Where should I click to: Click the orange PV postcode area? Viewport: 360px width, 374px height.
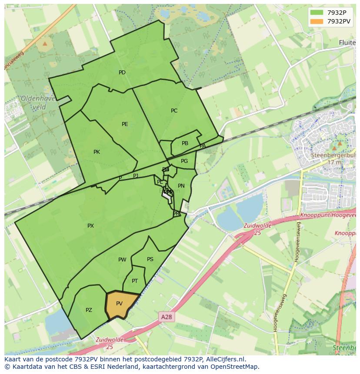point(120,304)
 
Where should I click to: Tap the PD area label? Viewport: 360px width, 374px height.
point(122,73)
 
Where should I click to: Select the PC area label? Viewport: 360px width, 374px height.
point(174,111)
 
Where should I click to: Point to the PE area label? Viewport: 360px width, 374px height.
point(125,124)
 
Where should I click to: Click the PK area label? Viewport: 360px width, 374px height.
point(97,152)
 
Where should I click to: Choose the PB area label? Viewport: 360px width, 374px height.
point(185,143)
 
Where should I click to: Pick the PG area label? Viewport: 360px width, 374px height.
point(184,161)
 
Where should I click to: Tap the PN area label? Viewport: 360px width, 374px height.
point(181,186)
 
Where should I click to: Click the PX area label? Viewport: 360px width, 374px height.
point(90,226)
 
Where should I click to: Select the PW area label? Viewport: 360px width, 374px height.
point(122,260)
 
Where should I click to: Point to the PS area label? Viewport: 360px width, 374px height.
point(150,259)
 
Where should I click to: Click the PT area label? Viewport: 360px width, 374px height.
point(135,281)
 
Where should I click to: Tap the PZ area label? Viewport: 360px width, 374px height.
point(89,310)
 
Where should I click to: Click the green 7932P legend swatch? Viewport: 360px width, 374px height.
point(317,13)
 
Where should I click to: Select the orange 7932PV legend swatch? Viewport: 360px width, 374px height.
point(317,21)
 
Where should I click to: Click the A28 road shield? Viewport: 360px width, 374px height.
point(167,317)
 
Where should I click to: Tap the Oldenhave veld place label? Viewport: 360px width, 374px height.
point(38,103)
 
